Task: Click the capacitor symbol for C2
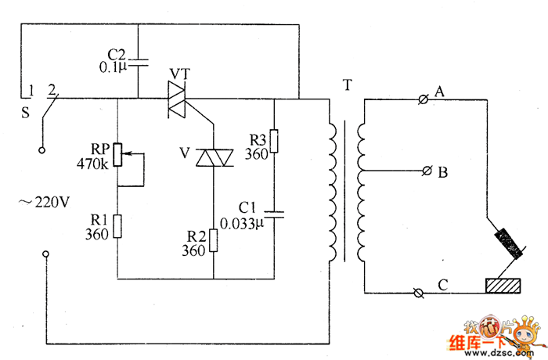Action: [x=138, y=60]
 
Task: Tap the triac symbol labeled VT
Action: [x=185, y=99]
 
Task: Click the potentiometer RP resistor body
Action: [x=117, y=154]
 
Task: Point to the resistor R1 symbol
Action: [x=117, y=226]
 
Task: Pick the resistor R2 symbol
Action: [x=214, y=242]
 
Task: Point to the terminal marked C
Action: [x=419, y=292]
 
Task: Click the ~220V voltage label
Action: [x=45, y=202]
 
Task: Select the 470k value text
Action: [x=92, y=164]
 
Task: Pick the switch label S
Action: [x=25, y=112]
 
